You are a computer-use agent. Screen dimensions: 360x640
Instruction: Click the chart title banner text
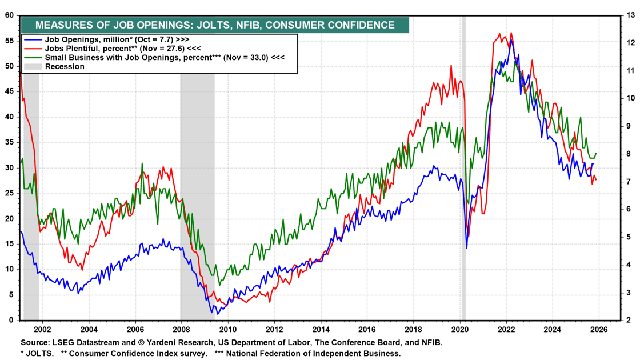(215, 25)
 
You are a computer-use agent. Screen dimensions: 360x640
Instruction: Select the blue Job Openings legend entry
(117, 39)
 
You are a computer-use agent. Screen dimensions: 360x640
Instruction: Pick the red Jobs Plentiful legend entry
(122, 49)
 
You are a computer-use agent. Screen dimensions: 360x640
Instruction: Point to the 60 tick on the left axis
(9, 15)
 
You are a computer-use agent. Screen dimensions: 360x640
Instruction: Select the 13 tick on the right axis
(630, 15)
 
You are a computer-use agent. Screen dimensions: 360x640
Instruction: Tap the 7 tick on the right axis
(629, 182)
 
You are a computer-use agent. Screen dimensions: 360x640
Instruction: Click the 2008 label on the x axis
(181, 330)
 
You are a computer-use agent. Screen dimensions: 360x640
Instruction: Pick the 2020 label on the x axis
(460, 330)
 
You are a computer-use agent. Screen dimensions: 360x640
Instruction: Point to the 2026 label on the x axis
(599, 330)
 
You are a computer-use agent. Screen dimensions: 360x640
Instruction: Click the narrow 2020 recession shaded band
(463, 171)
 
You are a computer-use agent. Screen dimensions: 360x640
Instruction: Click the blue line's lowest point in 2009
(218, 313)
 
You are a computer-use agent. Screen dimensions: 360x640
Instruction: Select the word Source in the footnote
(35, 343)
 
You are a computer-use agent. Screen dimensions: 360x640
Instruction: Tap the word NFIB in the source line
(430, 343)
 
